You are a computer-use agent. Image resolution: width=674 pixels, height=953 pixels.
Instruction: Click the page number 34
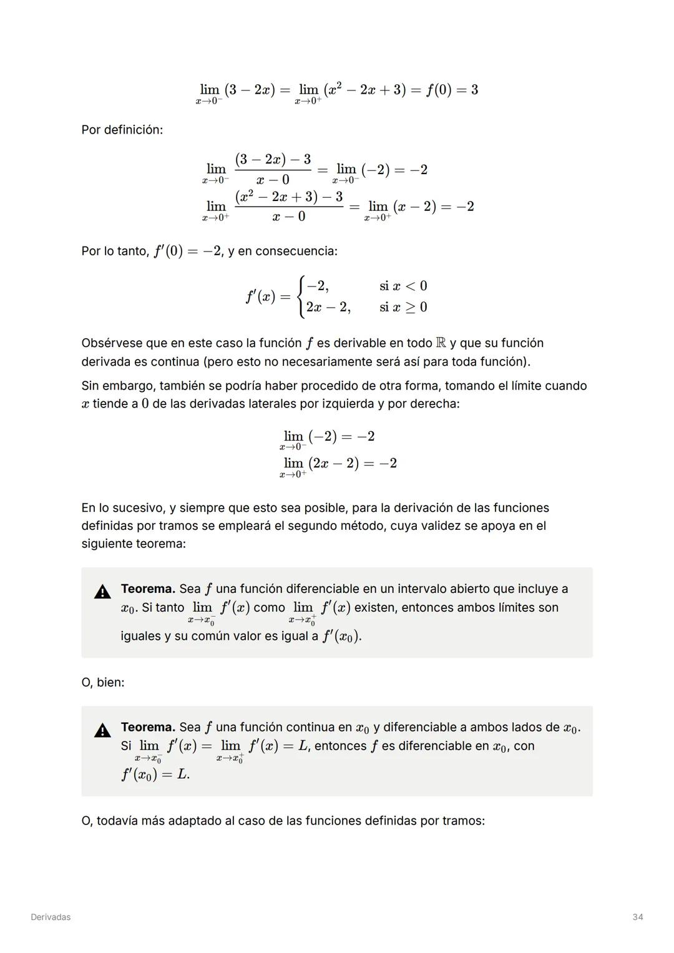click(637, 917)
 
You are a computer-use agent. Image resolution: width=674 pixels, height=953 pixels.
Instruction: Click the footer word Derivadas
click(51, 917)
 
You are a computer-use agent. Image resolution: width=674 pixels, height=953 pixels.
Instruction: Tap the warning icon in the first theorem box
click(102, 592)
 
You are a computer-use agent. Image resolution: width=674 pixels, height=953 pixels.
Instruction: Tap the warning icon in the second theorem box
click(102, 730)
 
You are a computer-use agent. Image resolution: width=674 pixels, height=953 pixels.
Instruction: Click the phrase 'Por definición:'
click(122, 130)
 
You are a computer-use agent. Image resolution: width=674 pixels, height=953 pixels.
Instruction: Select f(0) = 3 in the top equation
click(452, 90)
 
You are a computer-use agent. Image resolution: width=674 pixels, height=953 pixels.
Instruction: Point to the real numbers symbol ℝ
click(441, 343)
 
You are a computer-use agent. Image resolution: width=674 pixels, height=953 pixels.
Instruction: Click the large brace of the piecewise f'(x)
click(301, 296)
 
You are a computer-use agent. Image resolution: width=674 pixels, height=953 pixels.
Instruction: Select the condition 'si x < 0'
click(403, 286)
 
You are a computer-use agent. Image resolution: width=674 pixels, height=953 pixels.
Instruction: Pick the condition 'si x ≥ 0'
click(403, 307)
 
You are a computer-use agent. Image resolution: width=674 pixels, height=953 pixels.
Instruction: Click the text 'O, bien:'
click(102, 682)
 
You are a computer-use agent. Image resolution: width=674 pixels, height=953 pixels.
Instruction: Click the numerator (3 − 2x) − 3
click(273, 159)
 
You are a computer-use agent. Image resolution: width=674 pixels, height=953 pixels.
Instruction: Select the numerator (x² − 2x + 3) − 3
click(289, 197)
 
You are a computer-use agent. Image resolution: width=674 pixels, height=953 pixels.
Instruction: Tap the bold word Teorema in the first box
click(148, 589)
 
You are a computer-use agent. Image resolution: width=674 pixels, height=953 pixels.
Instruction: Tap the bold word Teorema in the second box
click(148, 727)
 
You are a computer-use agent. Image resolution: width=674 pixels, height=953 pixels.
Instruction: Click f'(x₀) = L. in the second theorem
click(155, 775)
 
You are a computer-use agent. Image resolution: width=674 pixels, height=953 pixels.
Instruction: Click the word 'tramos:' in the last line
click(463, 820)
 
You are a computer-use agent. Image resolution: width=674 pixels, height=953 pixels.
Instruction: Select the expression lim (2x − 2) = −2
click(339, 464)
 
